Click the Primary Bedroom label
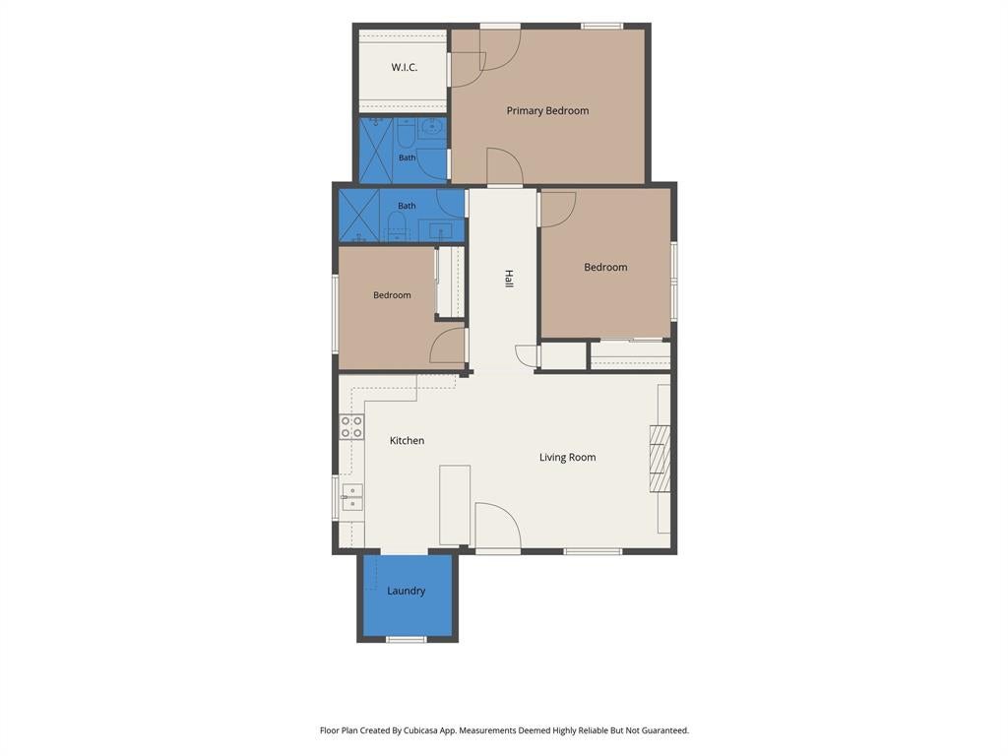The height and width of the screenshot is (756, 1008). coord(547,110)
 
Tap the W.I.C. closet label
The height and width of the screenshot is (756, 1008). coord(405,67)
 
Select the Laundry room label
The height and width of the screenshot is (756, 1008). coord(406,591)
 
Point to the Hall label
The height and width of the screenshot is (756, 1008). coord(509,279)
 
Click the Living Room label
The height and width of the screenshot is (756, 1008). coord(567,457)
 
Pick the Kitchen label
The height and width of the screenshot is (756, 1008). coord(407,440)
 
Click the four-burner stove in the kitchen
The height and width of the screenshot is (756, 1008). coord(351,427)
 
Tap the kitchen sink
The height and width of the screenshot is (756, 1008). coord(351,497)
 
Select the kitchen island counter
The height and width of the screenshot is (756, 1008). coord(455,505)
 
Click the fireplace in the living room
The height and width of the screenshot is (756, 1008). coord(660,459)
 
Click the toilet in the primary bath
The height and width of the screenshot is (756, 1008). coord(406,133)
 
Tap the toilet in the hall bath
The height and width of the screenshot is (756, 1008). coord(397,226)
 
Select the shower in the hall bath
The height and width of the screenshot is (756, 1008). coord(359,216)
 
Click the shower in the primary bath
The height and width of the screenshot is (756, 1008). coord(375,151)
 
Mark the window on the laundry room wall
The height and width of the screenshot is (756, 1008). coord(407,639)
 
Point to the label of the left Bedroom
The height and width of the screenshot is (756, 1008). coord(392,295)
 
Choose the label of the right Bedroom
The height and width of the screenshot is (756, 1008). coord(605,267)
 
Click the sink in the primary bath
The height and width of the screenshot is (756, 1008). coord(432,127)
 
